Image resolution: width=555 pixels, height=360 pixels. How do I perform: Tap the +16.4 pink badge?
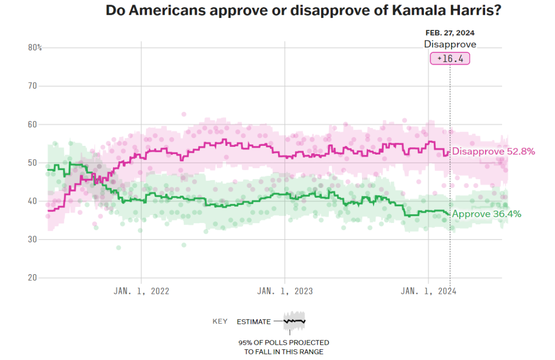(x=450, y=59)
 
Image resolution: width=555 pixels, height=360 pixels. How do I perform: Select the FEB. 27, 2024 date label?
(x=450, y=33)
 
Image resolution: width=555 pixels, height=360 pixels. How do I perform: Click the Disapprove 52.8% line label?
(x=494, y=151)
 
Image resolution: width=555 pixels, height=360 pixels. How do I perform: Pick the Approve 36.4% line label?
(x=487, y=214)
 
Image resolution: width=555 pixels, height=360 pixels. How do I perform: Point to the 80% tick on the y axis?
(x=35, y=48)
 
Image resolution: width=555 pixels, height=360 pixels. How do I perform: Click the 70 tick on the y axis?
(x=33, y=86)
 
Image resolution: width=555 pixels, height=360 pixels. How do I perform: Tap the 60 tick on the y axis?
(x=33, y=124)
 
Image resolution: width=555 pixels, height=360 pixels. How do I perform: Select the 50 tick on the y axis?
(x=33, y=163)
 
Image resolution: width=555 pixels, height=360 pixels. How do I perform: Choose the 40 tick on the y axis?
(x=33, y=201)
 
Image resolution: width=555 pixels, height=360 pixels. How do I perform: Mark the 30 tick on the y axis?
(x=33, y=239)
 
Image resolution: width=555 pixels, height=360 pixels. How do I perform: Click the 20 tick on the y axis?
(x=33, y=278)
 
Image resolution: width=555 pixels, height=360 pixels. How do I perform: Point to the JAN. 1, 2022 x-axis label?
(x=141, y=291)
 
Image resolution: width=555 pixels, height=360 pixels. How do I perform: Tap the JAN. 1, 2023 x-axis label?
(x=285, y=291)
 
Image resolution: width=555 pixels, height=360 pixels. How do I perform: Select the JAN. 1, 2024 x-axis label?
(x=429, y=291)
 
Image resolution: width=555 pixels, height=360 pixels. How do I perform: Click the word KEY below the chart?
(x=220, y=321)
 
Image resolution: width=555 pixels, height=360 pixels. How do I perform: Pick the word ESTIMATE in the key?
(x=253, y=322)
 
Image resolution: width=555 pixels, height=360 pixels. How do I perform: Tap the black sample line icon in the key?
(x=294, y=320)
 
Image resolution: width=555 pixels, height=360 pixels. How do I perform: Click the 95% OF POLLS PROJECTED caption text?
(x=284, y=343)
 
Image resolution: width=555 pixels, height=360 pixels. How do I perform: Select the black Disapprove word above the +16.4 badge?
(x=450, y=44)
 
